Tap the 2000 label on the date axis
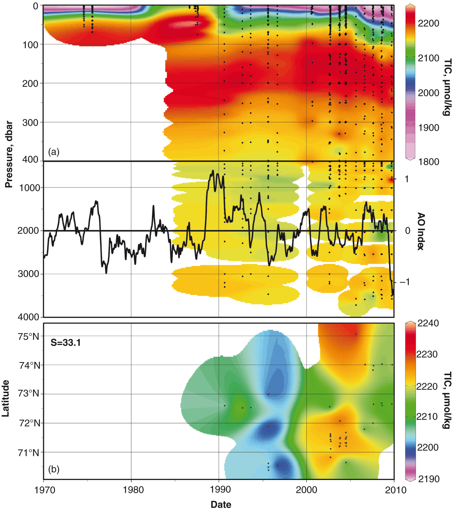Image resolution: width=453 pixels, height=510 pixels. point(306,490)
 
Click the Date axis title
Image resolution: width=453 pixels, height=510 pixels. point(221,504)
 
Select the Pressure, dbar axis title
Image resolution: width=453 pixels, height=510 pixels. point(9,154)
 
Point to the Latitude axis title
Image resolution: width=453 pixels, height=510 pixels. point(5,398)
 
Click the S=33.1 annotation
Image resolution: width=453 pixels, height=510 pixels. point(66,343)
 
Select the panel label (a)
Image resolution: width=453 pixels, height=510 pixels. point(54,152)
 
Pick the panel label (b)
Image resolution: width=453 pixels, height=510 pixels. point(54,469)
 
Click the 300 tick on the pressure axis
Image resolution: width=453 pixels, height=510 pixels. point(30,122)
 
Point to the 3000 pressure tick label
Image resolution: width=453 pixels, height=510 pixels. point(28,274)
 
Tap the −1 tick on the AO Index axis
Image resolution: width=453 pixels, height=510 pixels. point(405,282)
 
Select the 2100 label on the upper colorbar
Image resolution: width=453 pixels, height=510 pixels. point(428,58)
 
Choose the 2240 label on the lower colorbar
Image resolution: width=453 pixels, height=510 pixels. point(428,323)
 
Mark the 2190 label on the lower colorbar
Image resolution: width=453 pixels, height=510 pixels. point(428,479)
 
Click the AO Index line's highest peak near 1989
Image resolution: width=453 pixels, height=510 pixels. point(213,171)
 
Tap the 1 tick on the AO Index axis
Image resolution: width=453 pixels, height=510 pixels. point(407,179)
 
